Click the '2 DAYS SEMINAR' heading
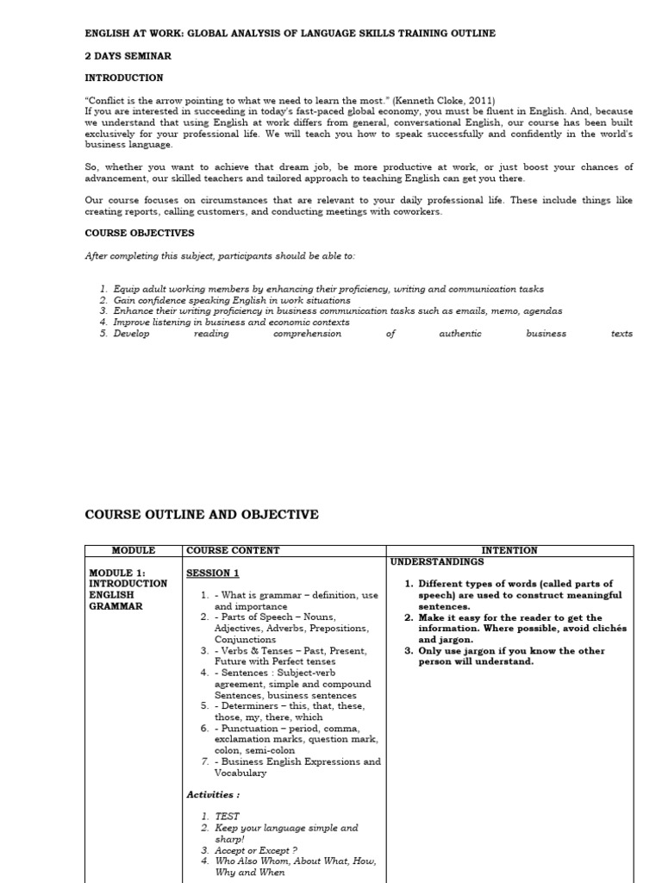coord(128,56)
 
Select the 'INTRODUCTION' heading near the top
coord(123,78)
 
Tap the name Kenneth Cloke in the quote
coord(430,100)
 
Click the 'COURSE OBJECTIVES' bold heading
coord(139,233)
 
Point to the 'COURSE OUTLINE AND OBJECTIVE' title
coord(201,515)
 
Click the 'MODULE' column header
coord(134,550)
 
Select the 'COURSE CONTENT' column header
coord(233,550)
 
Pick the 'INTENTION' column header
coord(509,550)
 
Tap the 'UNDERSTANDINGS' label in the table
coord(437,561)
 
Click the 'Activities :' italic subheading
coord(213,794)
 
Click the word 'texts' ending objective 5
coord(621,334)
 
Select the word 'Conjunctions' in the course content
coord(245,640)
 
